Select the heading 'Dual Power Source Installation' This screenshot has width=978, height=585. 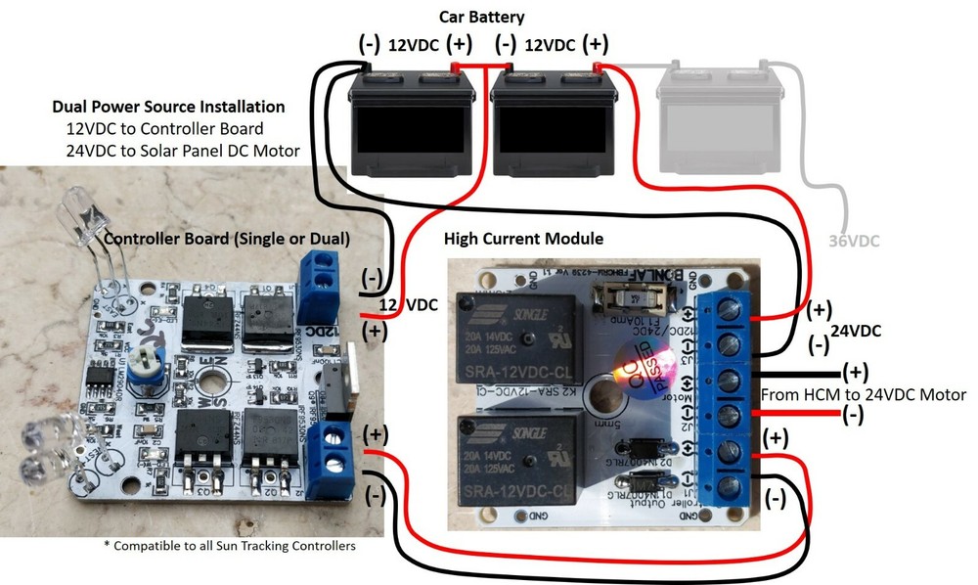168,107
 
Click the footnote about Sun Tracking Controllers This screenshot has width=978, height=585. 229,545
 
